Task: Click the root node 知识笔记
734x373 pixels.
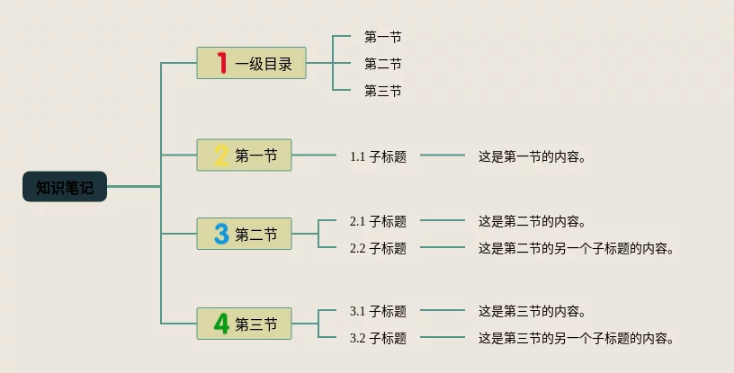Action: click(65, 187)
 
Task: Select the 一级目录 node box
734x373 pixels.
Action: click(252, 64)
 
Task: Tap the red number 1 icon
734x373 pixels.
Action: click(222, 63)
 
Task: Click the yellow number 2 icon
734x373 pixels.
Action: click(221, 155)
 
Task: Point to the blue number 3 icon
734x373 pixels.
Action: click(221, 235)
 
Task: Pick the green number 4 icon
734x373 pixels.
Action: click(221, 324)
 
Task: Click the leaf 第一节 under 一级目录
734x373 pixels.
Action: click(382, 37)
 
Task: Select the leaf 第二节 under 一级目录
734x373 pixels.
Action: click(382, 64)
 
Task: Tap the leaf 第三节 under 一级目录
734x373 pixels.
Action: click(382, 91)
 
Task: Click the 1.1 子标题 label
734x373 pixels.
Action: click(378, 156)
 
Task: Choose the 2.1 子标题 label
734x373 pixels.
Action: click(378, 221)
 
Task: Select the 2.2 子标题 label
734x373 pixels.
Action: click(378, 248)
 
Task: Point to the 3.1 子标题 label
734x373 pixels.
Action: click(378, 311)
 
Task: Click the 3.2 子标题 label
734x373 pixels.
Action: click(378, 338)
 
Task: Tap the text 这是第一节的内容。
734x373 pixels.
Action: click(533, 156)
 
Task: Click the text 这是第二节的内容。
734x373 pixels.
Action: click(533, 221)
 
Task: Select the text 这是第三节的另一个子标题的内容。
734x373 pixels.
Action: click(576, 338)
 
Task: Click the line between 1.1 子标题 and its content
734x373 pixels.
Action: click(442, 155)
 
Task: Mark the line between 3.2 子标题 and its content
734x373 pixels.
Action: click(442, 337)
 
